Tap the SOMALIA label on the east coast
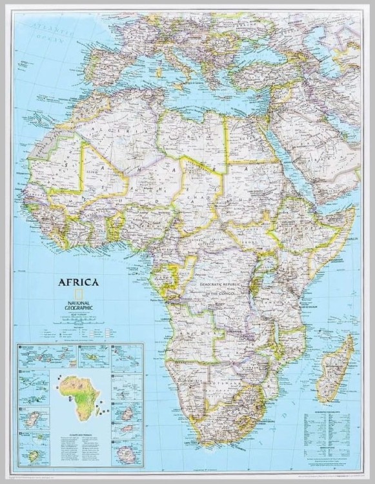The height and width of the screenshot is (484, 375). [x=347, y=240]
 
